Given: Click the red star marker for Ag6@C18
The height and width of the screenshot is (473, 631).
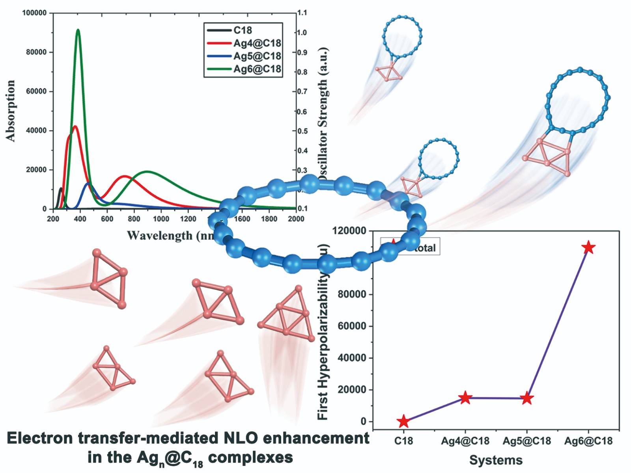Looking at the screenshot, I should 588,247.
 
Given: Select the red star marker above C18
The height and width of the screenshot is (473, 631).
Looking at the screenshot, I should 403,421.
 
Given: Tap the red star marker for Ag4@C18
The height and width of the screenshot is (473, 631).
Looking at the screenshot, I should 465,398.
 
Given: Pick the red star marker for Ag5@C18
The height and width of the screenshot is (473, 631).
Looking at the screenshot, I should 527,398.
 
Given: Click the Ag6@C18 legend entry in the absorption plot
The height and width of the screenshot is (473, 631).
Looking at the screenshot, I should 257,69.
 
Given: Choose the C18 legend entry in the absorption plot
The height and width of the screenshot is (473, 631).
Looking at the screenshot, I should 243,30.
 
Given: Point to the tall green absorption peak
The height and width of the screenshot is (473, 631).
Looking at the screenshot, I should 78,30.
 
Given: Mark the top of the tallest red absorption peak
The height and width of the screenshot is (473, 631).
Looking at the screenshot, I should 75,127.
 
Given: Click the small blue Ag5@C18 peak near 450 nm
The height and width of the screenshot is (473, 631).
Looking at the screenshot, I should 88,183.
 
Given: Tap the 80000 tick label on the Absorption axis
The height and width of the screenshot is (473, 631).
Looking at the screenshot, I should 36,52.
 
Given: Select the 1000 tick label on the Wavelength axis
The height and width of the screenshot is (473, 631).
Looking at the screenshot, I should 161,219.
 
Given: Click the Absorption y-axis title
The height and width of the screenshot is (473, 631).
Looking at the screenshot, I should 11,110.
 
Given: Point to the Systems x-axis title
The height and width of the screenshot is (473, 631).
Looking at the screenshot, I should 496,460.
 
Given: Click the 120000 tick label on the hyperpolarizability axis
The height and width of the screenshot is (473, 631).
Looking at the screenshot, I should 349,231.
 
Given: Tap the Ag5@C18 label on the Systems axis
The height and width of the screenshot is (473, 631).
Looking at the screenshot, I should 527,441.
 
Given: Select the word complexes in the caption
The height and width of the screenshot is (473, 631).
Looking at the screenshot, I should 250,458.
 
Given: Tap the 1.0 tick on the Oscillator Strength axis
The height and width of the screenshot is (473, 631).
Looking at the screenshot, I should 302,32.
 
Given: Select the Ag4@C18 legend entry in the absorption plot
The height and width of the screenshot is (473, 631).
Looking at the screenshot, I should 257,43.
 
